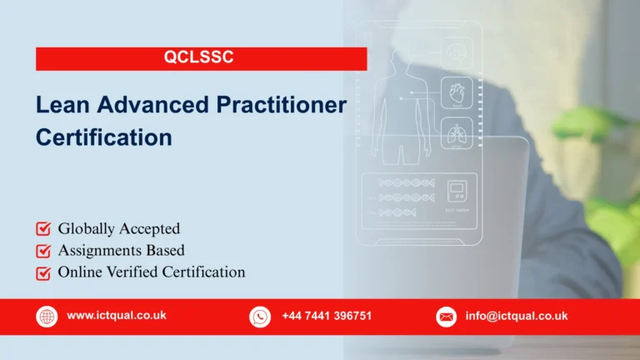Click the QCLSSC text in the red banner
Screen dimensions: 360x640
(x=202, y=58)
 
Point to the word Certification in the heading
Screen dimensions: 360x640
(x=103, y=137)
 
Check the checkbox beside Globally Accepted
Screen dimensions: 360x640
(x=43, y=229)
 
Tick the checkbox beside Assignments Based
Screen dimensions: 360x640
(x=43, y=251)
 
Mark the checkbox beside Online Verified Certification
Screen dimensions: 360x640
(x=43, y=272)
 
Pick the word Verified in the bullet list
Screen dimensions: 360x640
(x=129, y=272)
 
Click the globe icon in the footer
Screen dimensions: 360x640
(x=46, y=317)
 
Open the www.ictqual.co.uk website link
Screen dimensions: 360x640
(x=117, y=316)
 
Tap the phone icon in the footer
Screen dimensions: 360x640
(x=260, y=317)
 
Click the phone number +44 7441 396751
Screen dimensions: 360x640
(x=327, y=316)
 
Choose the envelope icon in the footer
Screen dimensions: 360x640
(x=447, y=317)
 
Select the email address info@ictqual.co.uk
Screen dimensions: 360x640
(x=517, y=316)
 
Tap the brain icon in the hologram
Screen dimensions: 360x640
(x=456, y=52)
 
